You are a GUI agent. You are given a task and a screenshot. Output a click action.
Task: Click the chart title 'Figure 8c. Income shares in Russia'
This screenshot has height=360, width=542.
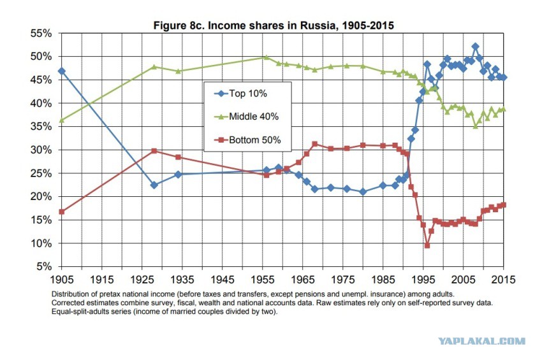tap(274, 26)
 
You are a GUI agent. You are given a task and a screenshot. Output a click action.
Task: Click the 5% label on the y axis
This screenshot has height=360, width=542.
tap(44, 266)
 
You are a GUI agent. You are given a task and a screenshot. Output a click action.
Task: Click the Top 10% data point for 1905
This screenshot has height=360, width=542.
tap(61, 71)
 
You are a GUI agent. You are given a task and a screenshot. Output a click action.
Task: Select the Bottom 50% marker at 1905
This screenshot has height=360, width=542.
tap(61, 212)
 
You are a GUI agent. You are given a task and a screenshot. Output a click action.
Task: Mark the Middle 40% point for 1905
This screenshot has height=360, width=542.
tap(61, 120)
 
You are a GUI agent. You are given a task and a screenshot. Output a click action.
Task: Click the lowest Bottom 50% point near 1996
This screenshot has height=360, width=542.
tap(427, 245)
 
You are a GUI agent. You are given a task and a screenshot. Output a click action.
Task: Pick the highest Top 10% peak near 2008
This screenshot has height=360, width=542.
tap(475, 47)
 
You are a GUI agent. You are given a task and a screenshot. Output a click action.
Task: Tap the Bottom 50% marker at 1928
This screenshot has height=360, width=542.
tap(154, 151)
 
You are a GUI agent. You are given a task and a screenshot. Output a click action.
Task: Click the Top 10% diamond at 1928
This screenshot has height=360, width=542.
tap(154, 185)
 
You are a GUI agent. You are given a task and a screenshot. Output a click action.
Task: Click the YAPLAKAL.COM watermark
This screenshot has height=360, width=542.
tap(482, 342)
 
